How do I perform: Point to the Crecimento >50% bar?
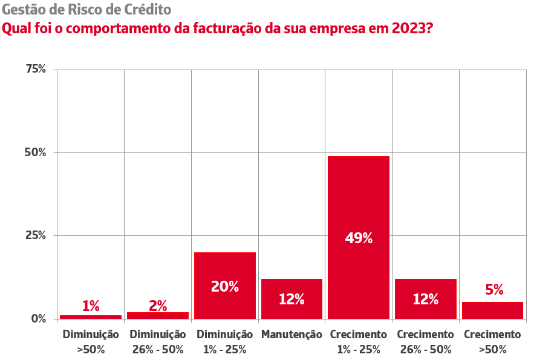pyautogui.click(x=492, y=310)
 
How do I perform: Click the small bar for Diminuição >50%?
pyautogui.click(x=91, y=316)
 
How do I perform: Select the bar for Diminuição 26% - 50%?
pyautogui.click(x=158, y=315)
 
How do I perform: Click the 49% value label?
pyautogui.click(x=359, y=238)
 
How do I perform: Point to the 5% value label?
pyautogui.click(x=494, y=290)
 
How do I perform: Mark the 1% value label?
pyautogui.click(x=91, y=306)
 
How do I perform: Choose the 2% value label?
pyautogui.click(x=158, y=306)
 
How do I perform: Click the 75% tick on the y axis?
pyautogui.click(x=35, y=69)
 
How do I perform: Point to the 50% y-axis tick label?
pyautogui.click(x=35, y=152)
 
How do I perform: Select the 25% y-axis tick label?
pyautogui.click(x=35, y=235)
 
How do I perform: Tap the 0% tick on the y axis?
pyautogui.click(x=38, y=318)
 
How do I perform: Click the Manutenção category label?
pyautogui.click(x=291, y=335)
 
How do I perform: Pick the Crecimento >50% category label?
pyautogui.click(x=492, y=341)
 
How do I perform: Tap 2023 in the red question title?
pyautogui.click(x=406, y=28)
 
